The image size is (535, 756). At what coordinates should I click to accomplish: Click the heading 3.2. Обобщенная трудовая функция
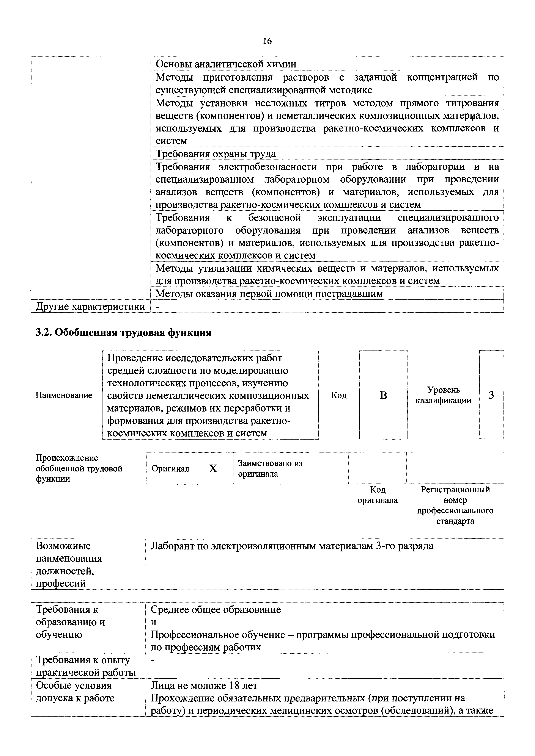pos(123,333)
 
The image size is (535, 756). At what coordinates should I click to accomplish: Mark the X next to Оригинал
pos(213,469)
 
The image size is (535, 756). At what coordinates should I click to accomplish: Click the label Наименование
pos(64,395)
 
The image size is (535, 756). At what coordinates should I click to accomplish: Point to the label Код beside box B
pos(339,395)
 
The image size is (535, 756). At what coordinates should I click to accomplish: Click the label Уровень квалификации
pos(443,395)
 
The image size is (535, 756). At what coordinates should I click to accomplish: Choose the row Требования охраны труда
pos(216,154)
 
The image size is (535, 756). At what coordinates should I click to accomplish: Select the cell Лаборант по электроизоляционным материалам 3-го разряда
pos(292,546)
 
